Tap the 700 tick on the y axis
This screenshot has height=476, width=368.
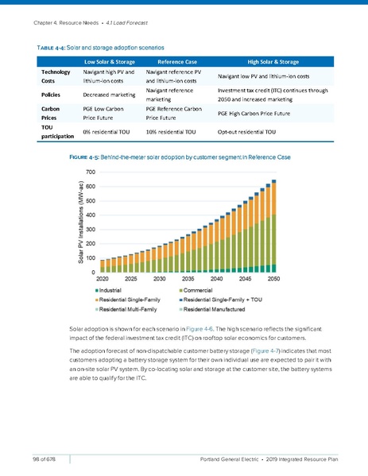click(x=91, y=172)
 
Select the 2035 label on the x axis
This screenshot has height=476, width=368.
click(x=188, y=279)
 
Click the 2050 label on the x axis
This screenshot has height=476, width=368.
click(x=273, y=279)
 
